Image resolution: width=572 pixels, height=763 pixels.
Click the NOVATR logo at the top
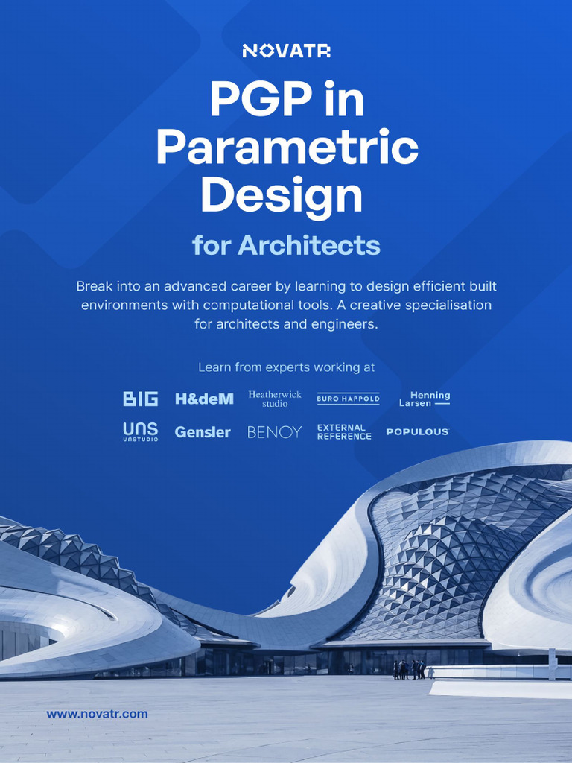(286, 51)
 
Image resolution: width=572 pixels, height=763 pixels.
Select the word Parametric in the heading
(287, 148)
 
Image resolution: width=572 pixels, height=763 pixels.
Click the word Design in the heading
(282, 196)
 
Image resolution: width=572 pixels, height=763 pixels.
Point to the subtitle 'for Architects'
(286, 245)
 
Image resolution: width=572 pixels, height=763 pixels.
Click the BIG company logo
(141, 399)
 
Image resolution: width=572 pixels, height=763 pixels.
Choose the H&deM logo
(204, 399)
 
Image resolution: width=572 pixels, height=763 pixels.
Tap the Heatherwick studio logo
(275, 399)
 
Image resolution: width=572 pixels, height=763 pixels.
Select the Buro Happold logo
(348, 399)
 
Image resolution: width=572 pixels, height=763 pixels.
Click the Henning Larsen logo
(425, 399)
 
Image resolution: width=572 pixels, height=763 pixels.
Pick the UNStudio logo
(141, 431)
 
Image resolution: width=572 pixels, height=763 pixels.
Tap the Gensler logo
(203, 431)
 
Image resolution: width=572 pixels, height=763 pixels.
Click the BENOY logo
(274, 431)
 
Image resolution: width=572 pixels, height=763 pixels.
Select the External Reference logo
(343, 431)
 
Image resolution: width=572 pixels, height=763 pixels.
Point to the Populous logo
(417, 431)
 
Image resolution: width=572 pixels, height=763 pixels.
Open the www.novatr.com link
(97, 714)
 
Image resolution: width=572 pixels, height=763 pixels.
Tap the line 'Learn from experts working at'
(286, 367)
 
